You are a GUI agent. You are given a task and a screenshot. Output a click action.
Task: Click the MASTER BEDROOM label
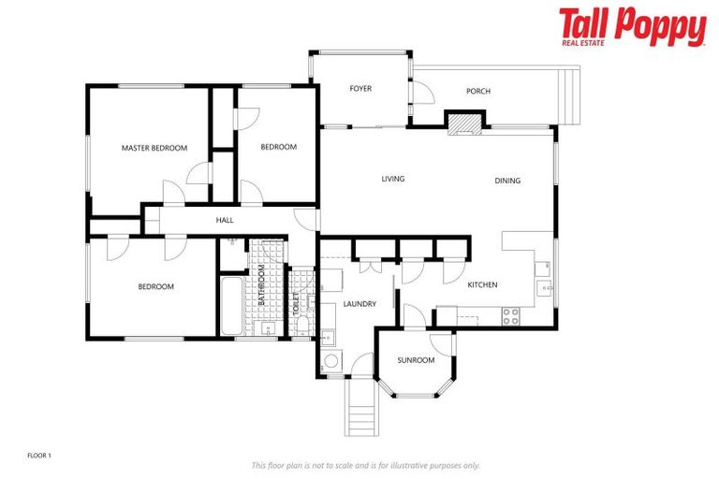(x=154, y=148)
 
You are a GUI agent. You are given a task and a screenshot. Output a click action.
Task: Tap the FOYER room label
(x=360, y=89)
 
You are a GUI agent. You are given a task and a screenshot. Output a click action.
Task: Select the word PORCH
(x=478, y=91)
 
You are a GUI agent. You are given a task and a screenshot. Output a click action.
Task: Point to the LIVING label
(x=392, y=179)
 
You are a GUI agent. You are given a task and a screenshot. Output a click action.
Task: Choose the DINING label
(x=507, y=181)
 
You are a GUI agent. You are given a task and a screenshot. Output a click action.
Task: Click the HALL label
(x=225, y=220)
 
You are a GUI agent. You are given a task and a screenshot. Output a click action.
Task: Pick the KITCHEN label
(x=482, y=284)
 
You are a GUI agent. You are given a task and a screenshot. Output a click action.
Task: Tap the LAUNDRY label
(x=359, y=303)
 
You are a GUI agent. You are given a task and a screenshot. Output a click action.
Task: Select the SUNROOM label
(x=416, y=359)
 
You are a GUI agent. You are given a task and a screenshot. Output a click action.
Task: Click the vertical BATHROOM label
(x=261, y=286)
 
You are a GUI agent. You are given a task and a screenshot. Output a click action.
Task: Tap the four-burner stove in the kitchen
(x=511, y=316)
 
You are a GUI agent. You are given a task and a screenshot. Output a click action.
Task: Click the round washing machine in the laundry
(x=330, y=362)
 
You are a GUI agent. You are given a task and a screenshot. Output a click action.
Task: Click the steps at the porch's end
(x=568, y=96)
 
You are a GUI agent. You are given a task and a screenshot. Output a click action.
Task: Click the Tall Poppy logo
(x=632, y=27)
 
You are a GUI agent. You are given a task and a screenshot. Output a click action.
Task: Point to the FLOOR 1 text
(x=39, y=456)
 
